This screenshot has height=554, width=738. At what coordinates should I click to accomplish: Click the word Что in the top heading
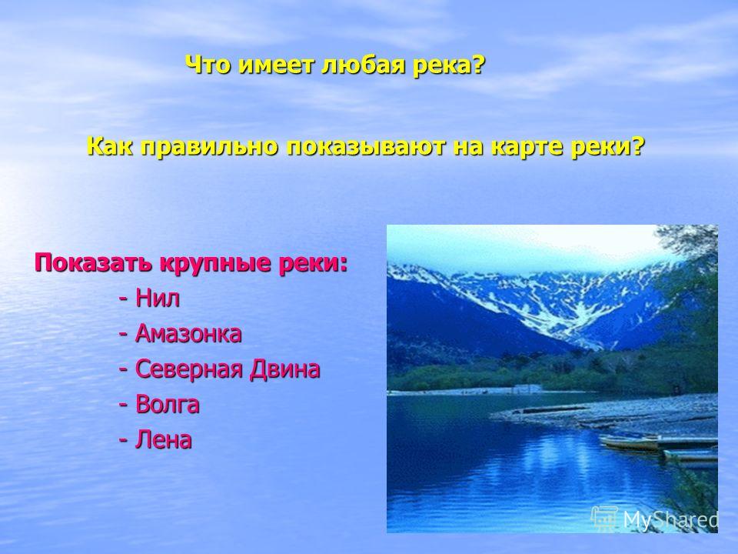[209, 65]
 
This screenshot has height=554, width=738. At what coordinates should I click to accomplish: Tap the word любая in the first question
[364, 65]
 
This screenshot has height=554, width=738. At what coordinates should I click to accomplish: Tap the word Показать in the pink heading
[93, 262]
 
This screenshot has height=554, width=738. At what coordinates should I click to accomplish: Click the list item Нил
[157, 299]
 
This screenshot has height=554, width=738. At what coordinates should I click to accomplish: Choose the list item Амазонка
[188, 333]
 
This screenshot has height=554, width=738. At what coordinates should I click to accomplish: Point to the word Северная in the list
[188, 369]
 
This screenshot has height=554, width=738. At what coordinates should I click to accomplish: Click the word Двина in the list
[284, 369]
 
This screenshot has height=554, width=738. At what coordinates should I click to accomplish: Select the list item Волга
[167, 404]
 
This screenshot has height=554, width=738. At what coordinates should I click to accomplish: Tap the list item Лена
[163, 440]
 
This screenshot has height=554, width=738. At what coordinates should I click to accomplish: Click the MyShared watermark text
[670, 520]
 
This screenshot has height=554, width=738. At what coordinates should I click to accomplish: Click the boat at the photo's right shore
[629, 443]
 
